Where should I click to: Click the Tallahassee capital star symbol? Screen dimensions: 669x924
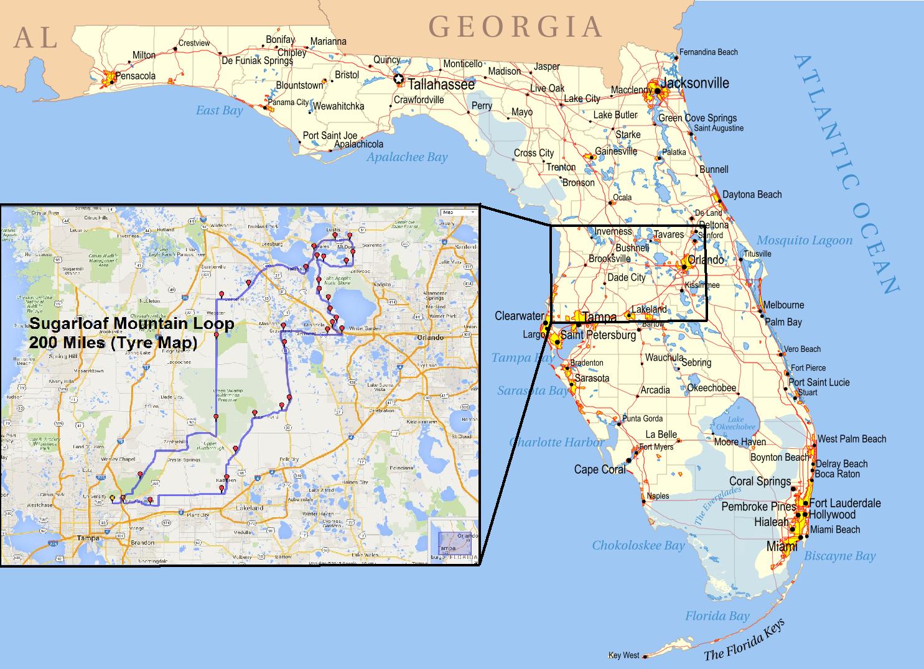coord(398,80)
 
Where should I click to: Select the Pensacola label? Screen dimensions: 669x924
coord(136,76)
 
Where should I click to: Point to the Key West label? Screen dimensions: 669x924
coord(623,655)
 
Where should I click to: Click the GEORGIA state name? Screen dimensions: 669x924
coord(515,27)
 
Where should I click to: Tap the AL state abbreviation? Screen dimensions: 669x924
coord(36,38)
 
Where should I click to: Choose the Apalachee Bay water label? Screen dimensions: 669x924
coord(407,157)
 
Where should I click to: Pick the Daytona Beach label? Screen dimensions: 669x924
coord(752,195)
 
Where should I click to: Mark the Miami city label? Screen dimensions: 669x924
coord(782,547)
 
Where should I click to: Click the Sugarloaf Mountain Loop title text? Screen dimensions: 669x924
coord(132,323)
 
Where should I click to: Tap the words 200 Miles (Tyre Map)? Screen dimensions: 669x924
coord(113,342)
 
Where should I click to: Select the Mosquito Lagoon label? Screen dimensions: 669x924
coord(804,241)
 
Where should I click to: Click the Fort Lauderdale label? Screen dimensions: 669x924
coord(845,503)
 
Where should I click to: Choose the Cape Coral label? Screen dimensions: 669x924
coord(600,469)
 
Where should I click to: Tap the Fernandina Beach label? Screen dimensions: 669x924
coord(708,52)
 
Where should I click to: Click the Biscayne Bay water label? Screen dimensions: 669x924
coord(840,556)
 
